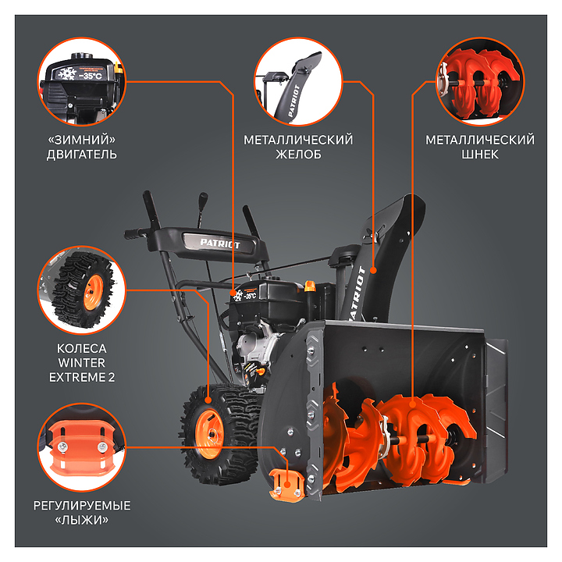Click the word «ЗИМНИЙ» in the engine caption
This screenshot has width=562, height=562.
click(x=82, y=140)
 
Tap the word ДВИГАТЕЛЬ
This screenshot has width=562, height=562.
click(x=82, y=155)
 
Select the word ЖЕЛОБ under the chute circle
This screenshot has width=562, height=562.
click(x=298, y=155)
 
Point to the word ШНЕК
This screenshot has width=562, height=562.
click(x=480, y=155)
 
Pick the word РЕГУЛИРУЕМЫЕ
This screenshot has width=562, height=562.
click(x=82, y=506)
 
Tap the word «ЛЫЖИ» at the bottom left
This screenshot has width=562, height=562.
click(x=82, y=520)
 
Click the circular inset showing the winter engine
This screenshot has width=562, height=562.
click(x=82, y=82)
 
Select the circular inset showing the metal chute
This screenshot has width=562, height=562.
click(x=298, y=82)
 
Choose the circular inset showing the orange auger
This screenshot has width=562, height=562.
click(x=480, y=82)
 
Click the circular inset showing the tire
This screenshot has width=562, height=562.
click(x=82, y=290)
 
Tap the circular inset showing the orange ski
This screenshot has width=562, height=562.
click(x=82, y=447)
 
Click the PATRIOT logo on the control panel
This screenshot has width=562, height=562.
click(x=219, y=244)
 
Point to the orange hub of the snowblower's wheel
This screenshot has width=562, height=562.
click(x=209, y=434)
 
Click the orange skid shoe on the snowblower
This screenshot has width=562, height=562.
click(x=286, y=484)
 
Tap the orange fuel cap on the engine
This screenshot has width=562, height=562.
click(x=310, y=286)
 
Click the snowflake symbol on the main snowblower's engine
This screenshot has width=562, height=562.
click(x=237, y=295)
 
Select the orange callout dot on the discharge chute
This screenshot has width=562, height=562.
click(x=373, y=270)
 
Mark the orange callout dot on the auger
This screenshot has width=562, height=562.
click(x=412, y=404)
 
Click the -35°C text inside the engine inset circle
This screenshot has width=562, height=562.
click(x=91, y=76)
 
